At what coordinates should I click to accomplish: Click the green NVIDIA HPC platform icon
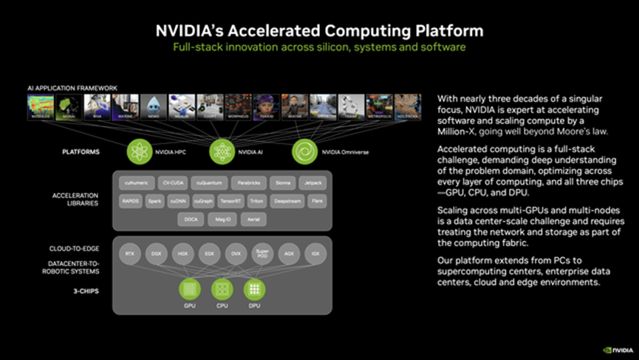pos(140,152)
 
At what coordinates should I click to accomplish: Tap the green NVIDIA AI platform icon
pos(222,152)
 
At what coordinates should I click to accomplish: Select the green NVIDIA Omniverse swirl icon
pos(304,152)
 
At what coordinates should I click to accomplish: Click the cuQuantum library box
pos(210,182)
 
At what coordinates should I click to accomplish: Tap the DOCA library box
pos(191,219)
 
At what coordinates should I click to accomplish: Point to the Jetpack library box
pos(317,182)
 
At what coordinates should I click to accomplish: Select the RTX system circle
pos(131,254)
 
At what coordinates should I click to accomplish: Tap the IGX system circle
pos(315,254)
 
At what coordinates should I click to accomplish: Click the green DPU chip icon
pos(254,289)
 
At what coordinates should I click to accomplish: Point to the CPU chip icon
pos(222,289)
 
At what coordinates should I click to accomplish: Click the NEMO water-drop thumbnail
pos(154,108)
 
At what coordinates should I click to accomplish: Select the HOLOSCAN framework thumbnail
pos(408,108)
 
